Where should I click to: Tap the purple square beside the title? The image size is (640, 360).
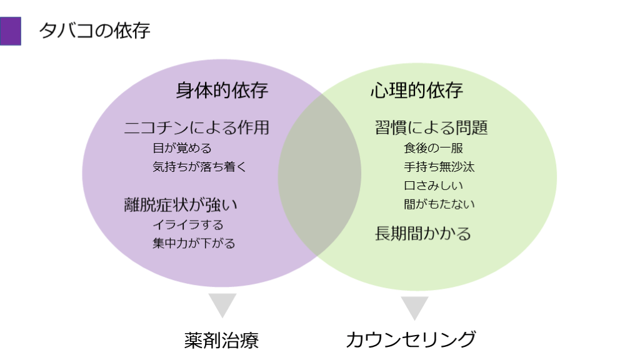click(11, 31)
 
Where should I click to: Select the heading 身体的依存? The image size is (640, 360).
click(222, 91)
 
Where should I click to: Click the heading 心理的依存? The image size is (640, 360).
click(416, 91)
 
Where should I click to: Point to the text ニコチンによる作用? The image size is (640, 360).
click(197, 128)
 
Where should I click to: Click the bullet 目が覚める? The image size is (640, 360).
click(182, 149)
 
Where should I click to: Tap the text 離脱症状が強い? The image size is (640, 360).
click(181, 204)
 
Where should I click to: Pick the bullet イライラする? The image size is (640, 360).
click(187, 224)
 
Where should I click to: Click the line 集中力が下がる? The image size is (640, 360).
click(194, 243)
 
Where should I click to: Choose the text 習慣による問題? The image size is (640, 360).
click(431, 128)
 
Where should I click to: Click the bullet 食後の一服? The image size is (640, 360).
click(433, 149)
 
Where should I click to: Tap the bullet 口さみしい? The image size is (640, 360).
click(433, 186)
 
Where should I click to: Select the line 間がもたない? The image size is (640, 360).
click(439, 204)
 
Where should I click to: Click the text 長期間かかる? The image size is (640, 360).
click(422, 234)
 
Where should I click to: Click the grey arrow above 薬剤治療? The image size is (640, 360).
click(222, 305)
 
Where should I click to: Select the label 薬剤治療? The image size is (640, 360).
click(221, 339)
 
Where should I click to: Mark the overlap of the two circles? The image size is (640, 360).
click(319, 175)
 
